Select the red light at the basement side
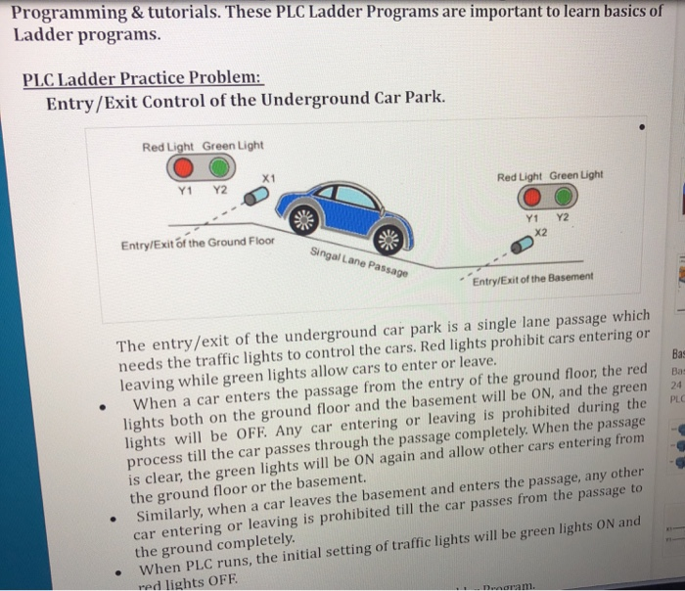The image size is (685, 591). click(x=536, y=196)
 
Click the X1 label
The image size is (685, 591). click(x=271, y=176)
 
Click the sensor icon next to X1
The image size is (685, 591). click(x=256, y=197)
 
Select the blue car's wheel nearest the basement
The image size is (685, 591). click(x=388, y=239)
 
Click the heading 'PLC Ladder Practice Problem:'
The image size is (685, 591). click(x=143, y=77)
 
